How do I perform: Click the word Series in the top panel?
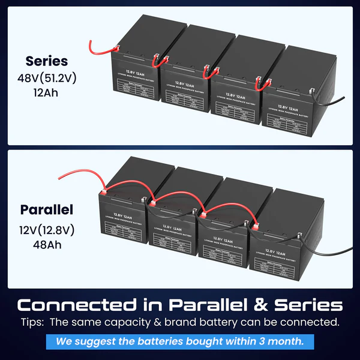click(x=46, y=61)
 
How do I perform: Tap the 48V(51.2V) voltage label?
click(x=47, y=77)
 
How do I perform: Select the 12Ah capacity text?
click(x=47, y=93)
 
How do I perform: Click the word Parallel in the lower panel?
click(x=46, y=210)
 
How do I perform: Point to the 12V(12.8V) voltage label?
click(x=46, y=229)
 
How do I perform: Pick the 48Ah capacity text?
click(x=47, y=244)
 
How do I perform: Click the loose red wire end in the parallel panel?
click(x=59, y=176)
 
